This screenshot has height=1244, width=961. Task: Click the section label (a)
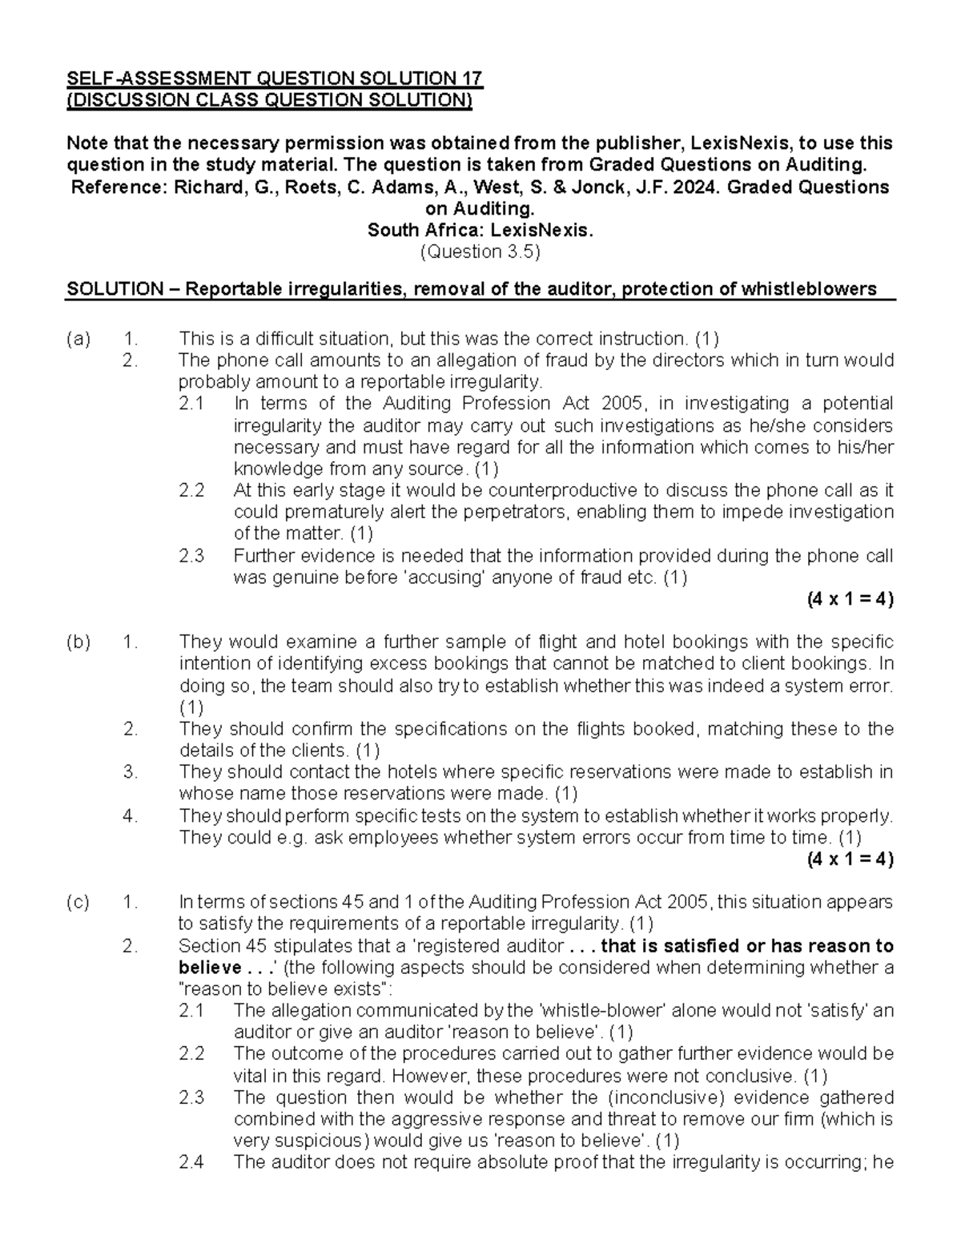point(78,339)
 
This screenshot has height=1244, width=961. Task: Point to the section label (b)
point(78,642)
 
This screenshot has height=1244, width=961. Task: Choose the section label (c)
point(78,903)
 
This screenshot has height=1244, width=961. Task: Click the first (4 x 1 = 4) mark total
point(850,599)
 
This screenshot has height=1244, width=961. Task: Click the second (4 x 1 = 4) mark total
point(850,860)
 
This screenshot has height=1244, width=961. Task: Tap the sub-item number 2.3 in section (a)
point(192,556)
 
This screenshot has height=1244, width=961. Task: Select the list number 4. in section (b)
point(131,816)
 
